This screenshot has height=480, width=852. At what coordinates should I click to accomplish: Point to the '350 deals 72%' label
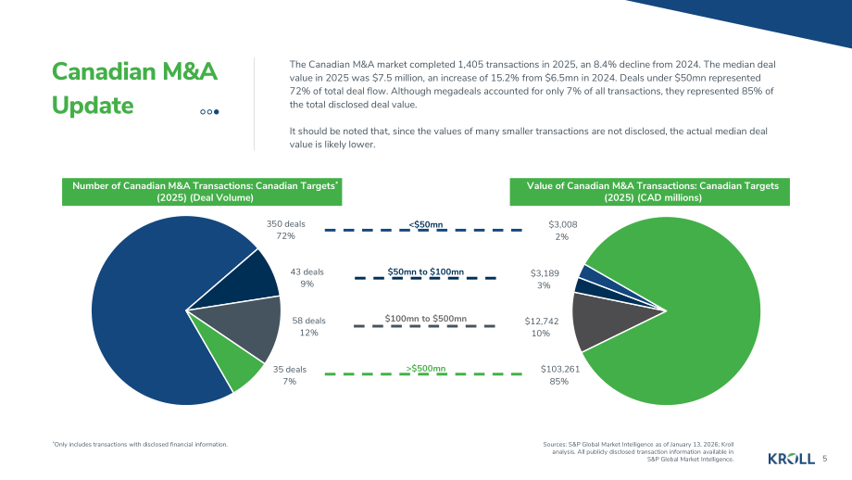click(x=286, y=230)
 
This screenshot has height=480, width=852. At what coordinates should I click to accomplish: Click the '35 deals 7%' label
click(x=290, y=375)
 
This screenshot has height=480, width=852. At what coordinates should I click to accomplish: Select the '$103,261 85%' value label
click(x=559, y=375)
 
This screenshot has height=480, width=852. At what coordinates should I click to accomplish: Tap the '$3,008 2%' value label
click(x=562, y=231)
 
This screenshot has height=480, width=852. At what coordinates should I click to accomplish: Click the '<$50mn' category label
click(x=425, y=224)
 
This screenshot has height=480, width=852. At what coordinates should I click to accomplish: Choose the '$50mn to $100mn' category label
click(x=425, y=272)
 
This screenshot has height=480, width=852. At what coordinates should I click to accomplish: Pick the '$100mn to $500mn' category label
click(x=425, y=319)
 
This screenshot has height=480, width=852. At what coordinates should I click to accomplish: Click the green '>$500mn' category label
click(x=425, y=369)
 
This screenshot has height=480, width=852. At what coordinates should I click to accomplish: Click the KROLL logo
click(x=791, y=459)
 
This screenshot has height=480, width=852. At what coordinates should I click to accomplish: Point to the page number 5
click(x=825, y=459)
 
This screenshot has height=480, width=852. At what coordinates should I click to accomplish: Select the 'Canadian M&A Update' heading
click(x=134, y=88)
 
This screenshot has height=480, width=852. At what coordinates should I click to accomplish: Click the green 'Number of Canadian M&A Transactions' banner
click(x=202, y=192)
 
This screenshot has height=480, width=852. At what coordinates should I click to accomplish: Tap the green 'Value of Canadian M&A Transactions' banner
click(x=650, y=192)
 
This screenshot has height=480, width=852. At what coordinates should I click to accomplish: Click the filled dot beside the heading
click(x=217, y=112)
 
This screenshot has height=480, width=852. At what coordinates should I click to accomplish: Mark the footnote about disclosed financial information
click(x=140, y=444)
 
